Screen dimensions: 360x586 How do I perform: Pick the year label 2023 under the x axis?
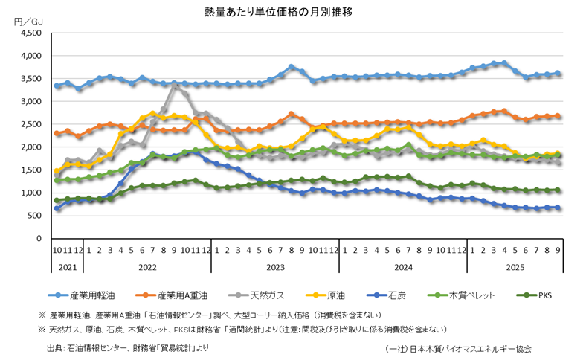[x=275, y=266]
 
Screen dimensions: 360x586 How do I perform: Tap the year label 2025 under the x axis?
[x=514, y=266]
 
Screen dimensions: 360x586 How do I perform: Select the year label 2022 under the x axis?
[x=147, y=266]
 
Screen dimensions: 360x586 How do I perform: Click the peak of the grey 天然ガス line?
[x=174, y=86]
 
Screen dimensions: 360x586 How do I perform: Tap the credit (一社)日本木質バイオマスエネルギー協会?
[x=459, y=347]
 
